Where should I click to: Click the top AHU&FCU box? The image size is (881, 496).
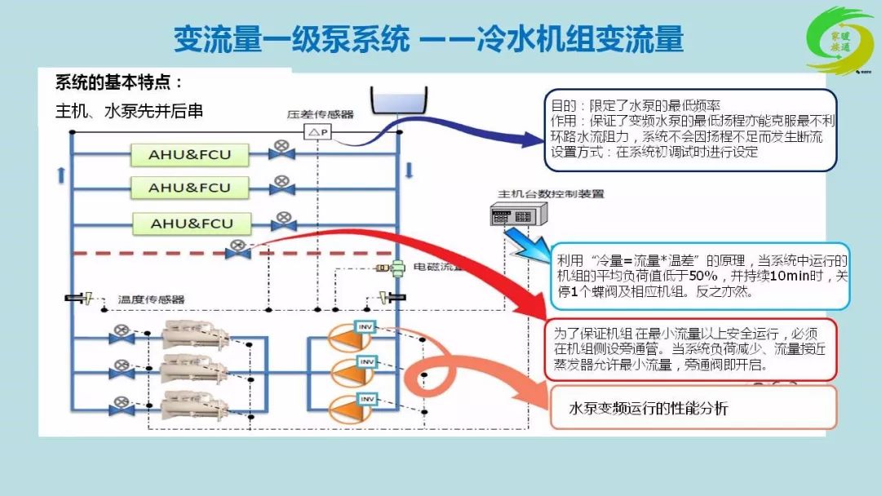click(189, 154)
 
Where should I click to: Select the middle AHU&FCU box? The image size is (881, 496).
click(189, 188)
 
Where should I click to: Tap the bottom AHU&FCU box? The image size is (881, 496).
click(191, 224)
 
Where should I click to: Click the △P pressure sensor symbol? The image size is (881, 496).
click(317, 132)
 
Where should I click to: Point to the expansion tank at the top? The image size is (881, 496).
click(397, 100)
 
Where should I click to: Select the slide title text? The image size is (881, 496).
click(427, 38)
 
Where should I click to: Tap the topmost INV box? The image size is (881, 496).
click(365, 326)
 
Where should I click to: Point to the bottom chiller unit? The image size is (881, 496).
click(190, 405)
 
